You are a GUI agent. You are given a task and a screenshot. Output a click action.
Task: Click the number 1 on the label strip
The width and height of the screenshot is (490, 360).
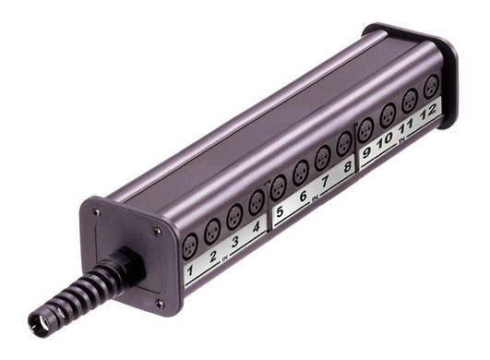[190, 270]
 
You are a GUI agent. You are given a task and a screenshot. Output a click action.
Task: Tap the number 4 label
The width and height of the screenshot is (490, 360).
[257, 226]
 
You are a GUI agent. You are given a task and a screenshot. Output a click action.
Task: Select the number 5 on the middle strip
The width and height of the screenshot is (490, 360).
[280, 211]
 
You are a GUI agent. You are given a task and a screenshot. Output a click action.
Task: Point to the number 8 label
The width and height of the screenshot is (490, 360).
[347, 167]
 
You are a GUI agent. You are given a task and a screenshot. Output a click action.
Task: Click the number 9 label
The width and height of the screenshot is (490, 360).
[366, 152]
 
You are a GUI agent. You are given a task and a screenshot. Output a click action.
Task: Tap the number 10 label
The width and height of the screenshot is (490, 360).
[385, 139]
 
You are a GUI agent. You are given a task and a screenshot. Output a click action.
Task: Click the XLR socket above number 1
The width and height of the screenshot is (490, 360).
[190, 246]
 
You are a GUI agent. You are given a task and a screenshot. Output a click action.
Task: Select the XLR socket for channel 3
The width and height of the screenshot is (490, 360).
[234, 217]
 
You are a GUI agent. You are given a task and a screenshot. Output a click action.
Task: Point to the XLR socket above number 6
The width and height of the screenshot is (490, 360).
[301, 173]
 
